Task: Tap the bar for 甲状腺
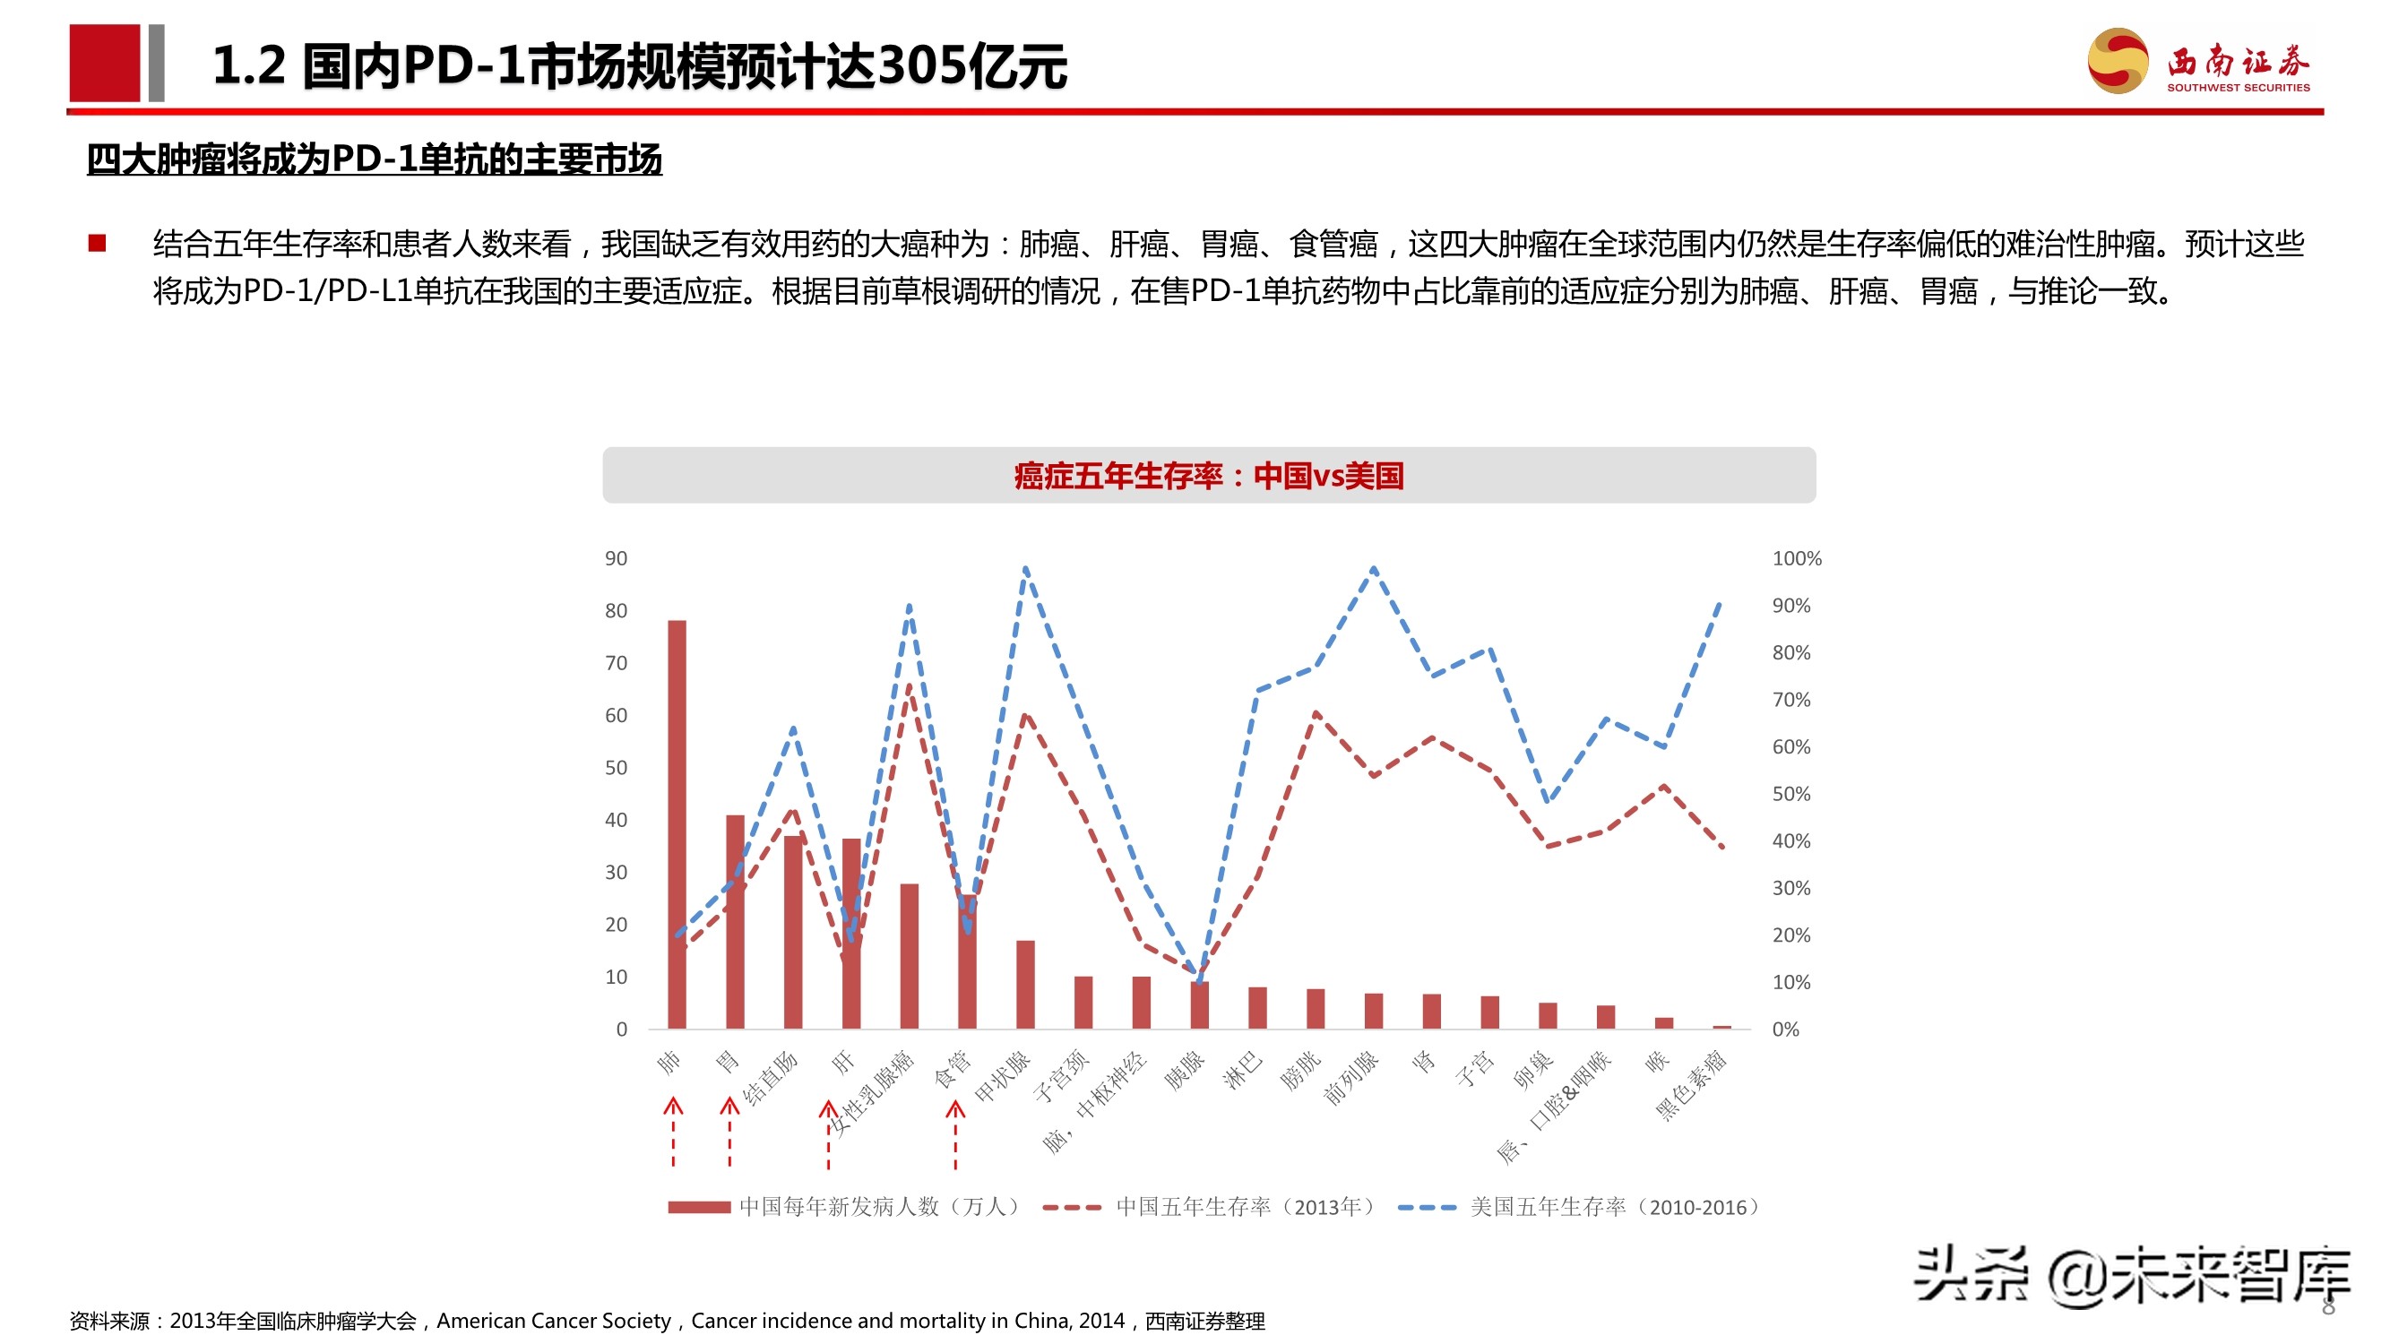pos(1025,984)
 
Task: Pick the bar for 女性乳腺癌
pos(910,955)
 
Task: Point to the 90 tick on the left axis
pos(616,558)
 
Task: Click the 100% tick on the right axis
pos(1796,558)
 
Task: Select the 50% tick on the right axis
pos(1790,794)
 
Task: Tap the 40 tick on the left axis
pos(616,820)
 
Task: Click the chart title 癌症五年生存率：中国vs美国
pos(1208,476)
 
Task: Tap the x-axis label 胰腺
pos(1185,1072)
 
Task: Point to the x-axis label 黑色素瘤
pos(1692,1085)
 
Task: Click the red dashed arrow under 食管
pos(955,1133)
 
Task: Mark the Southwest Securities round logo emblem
pos(2118,61)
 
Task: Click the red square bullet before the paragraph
pos(98,243)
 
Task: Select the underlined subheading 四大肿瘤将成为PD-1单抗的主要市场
pos(374,159)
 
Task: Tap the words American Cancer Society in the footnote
pos(553,1320)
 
